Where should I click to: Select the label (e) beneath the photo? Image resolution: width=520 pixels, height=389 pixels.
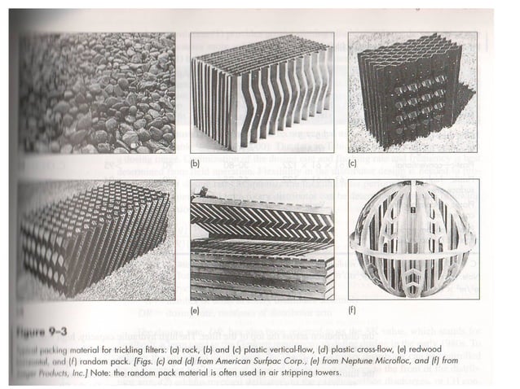(x=196, y=311)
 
